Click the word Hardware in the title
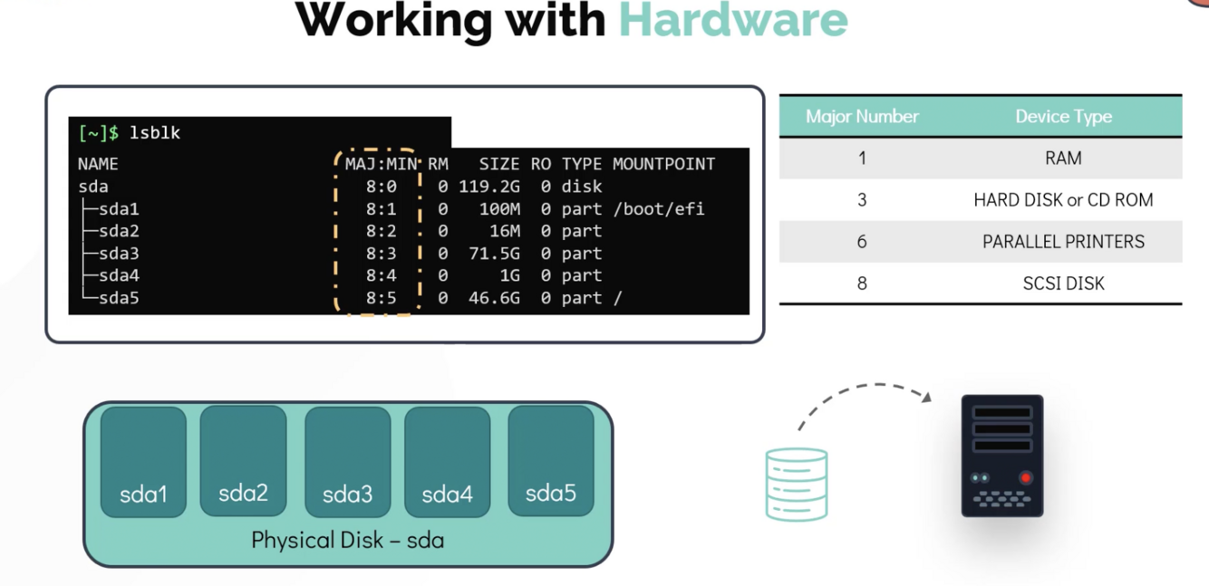tap(733, 21)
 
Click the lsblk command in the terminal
tap(154, 133)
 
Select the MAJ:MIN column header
tap(381, 164)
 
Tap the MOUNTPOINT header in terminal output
tap(664, 164)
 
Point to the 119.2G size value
tap(489, 187)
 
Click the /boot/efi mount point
tap(659, 209)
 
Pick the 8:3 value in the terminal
tap(381, 254)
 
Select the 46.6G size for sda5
tap(495, 298)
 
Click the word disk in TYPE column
tap(581, 187)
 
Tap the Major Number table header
tap(862, 117)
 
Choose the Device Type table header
tap(1063, 117)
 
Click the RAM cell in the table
tap(1063, 159)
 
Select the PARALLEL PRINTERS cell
tap(1063, 242)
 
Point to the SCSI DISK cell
tap(1063, 283)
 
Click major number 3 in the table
tap(862, 200)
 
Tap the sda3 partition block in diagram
tap(348, 462)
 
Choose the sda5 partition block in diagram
tap(551, 461)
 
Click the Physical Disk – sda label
tap(348, 540)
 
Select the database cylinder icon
tap(797, 484)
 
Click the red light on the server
tap(1026, 477)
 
